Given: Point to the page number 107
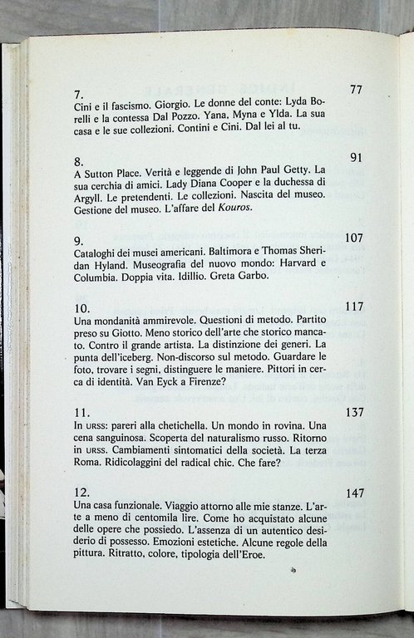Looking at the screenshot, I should [353, 238].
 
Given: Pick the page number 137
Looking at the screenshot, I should [353, 412].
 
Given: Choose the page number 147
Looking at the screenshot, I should [354, 493].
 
